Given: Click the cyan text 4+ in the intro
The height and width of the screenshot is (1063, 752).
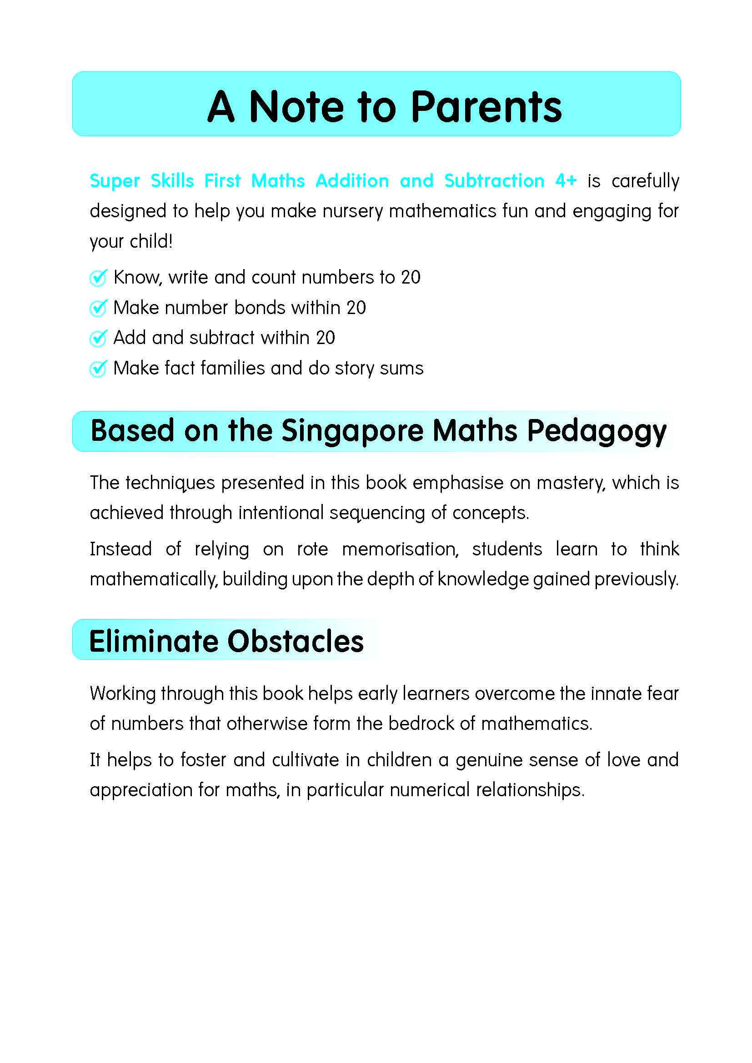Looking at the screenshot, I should pos(566,180).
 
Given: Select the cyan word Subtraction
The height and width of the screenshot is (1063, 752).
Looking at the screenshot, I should pos(494,180).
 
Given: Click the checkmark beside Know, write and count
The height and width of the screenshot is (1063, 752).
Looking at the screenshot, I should pos(98,278).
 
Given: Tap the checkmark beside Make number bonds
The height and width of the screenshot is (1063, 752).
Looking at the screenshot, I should pos(98,308).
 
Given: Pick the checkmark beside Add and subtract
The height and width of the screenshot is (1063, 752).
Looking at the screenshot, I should pos(98,338).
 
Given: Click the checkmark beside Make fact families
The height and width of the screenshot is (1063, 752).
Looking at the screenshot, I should pos(98,369).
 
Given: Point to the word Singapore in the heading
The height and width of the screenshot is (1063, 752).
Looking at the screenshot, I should pos(352,431).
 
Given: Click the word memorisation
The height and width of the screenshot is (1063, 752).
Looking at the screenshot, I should pos(400,549).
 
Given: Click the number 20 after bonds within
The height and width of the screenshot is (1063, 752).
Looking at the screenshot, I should pos(356,308).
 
